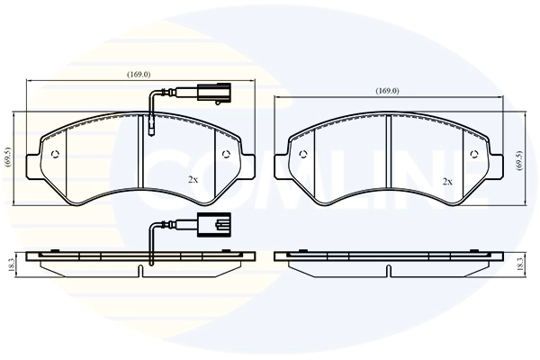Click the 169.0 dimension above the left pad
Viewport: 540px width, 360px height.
(x=139, y=74)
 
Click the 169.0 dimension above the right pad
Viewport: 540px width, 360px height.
(x=387, y=91)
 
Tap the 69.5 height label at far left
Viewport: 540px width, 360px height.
(x=8, y=157)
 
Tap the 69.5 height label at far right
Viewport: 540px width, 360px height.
(x=519, y=160)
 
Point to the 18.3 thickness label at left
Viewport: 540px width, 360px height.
(x=11, y=265)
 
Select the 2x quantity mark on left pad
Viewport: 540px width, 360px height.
(x=193, y=179)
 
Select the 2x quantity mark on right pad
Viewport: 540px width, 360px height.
(x=447, y=182)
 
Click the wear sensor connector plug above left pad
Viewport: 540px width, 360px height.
(x=214, y=94)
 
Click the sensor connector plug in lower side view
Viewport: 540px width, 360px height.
(x=214, y=225)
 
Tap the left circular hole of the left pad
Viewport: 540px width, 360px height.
(x=55, y=154)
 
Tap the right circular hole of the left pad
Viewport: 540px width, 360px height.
(x=226, y=154)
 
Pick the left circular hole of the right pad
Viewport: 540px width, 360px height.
(x=303, y=154)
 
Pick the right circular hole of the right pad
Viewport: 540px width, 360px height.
(x=473, y=154)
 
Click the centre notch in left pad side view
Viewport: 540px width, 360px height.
(x=140, y=271)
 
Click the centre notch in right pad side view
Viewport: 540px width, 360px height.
(x=389, y=271)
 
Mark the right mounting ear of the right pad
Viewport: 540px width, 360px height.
(x=496, y=166)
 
